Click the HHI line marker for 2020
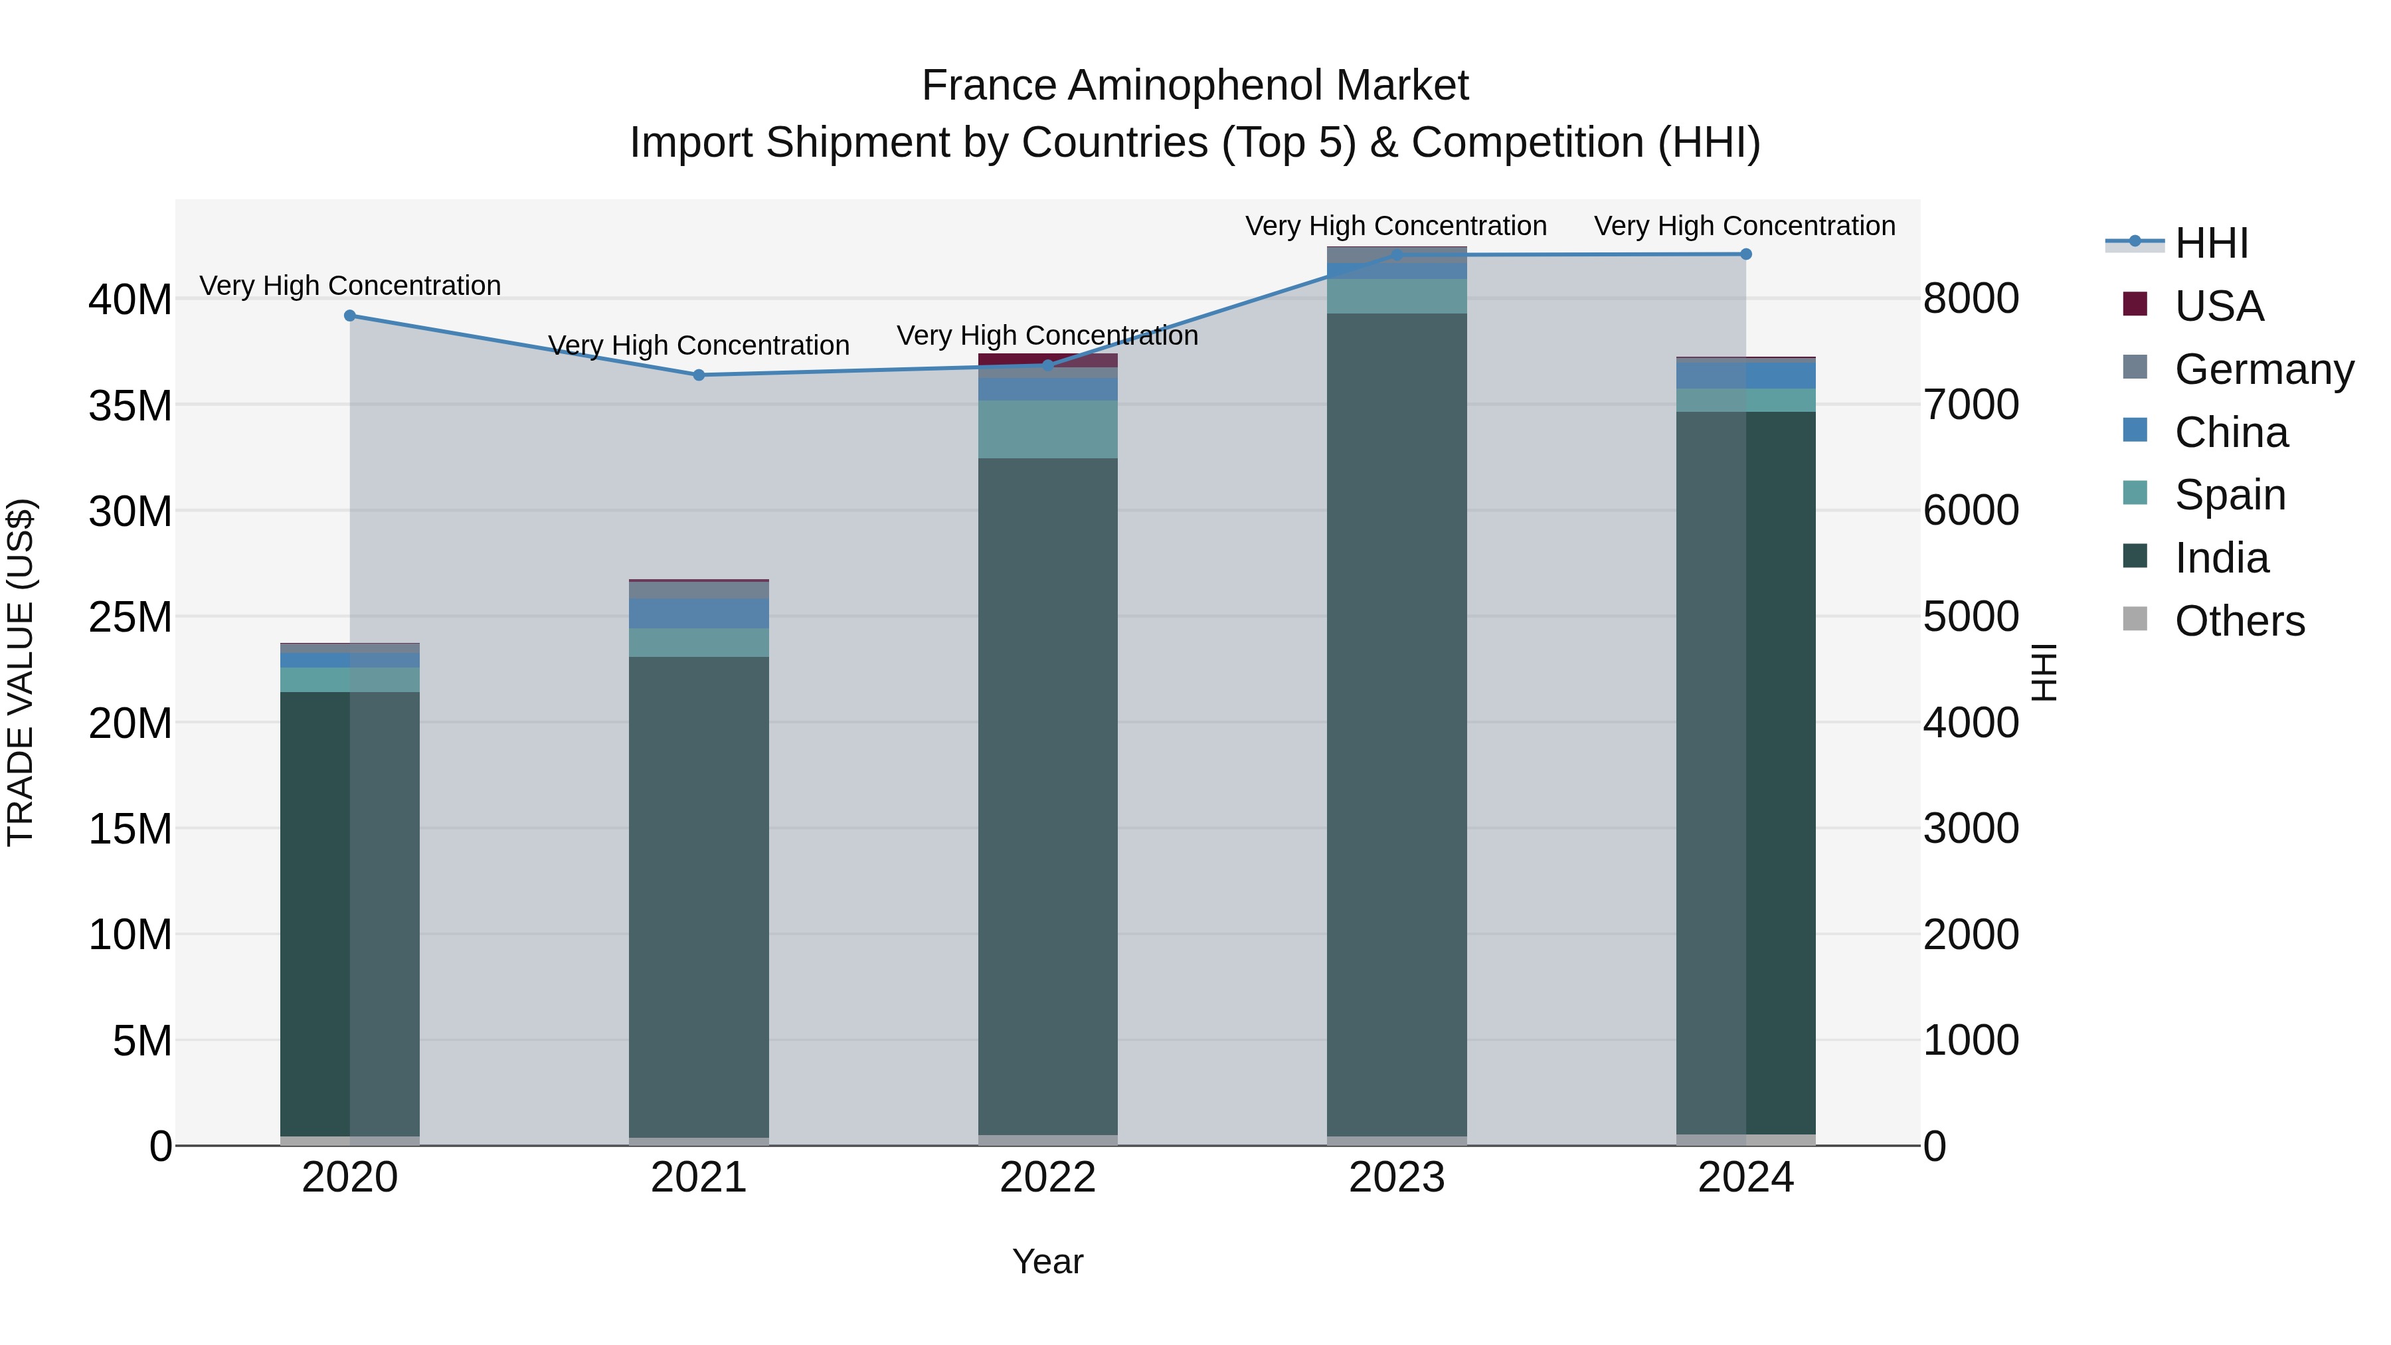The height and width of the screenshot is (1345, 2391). [x=350, y=315]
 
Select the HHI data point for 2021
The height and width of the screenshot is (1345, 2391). [x=699, y=375]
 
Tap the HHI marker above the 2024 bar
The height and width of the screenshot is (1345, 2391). [x=1746, y=254]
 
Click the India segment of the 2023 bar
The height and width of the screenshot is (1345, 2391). [x=1397, y=724]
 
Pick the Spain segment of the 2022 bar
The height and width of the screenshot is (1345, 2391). [x=1048, y=429]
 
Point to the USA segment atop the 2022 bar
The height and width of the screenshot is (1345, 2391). [x=1048, y=359]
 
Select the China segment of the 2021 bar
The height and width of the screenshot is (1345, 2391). [x=699, y=614]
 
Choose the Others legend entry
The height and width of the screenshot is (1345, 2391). [x=2239, y=620]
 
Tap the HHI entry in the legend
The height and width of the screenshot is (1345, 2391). [x=2211, y=243]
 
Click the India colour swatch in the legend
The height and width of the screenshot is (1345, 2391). [x=2135, y=556]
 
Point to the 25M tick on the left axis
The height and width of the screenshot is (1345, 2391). [x=130, y=617]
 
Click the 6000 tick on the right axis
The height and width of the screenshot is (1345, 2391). [x=1971, y=511]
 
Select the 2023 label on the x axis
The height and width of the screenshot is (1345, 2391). [x=1397, y=1177]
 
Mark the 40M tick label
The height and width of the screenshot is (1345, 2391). [x=130, y=300]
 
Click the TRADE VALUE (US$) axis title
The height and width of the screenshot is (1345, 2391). [x=21, y=672]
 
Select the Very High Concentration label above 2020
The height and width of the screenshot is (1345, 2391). [x=350, y=285]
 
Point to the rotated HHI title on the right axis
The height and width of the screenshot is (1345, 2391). [x=2044, y=672]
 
